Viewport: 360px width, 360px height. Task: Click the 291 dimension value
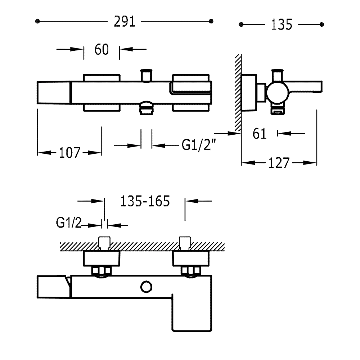click(125, 22)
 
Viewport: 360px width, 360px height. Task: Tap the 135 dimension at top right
click(282, 24)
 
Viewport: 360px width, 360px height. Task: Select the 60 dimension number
click(102, 49)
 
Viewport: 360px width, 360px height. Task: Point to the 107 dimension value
click(69, 153)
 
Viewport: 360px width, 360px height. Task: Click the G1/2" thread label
click(199, 145)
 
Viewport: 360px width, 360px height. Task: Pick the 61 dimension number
click(260, 134)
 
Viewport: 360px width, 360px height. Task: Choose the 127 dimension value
click(279, 163)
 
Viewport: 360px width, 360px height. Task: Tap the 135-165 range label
click(145, 201)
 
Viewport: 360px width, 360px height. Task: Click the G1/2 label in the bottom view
click(69, 222)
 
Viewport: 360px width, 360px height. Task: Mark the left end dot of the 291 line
click(37, 21)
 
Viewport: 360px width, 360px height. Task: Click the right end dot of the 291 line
click(211, 21)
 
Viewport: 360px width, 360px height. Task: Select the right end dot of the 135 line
click(321, 24)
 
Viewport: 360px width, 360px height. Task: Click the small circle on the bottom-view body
click(146, 287)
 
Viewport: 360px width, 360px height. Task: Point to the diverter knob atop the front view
click(146, 75)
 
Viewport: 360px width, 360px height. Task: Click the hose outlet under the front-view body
click(146, 108)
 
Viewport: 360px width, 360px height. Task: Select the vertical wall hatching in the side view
click(238, 93)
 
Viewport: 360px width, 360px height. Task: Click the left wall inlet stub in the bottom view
click(104, 243)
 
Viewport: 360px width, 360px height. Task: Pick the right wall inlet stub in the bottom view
click(185, 243)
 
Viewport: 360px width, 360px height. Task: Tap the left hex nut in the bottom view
click(101, 271)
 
